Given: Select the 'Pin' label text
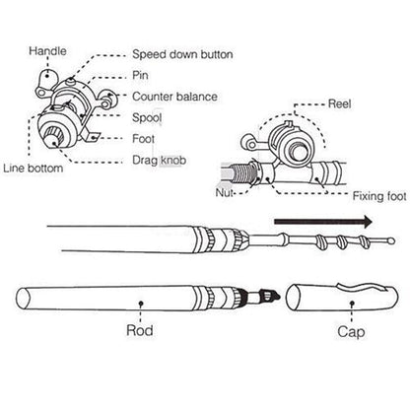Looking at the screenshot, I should (x=142, y=76).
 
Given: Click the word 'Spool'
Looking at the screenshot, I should (x=149, y=115).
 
